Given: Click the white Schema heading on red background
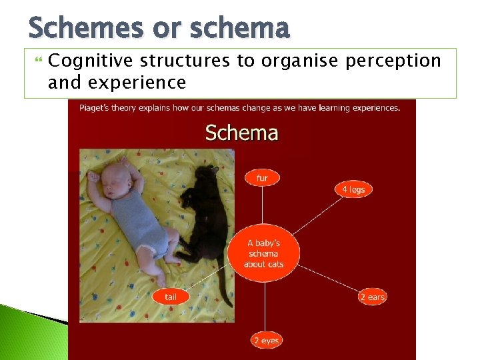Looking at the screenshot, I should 241,133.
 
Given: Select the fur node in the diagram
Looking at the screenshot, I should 262,178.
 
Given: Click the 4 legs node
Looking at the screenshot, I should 353,189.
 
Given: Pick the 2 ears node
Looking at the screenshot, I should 372,297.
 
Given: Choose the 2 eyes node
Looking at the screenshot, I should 265,341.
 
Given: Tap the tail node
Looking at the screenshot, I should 171,297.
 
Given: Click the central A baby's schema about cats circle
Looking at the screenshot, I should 264,253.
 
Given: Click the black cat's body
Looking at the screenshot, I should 207,220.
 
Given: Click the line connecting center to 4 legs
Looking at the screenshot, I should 313,217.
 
